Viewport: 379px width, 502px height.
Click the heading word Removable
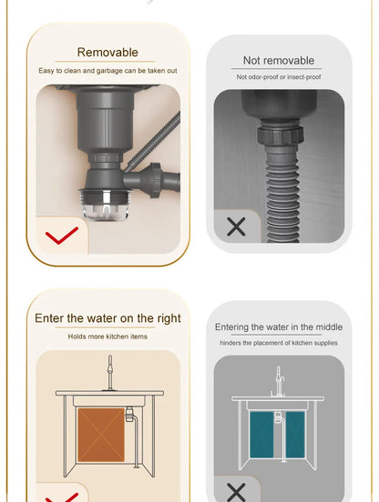(108, 52)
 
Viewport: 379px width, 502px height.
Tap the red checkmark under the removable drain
(62, 236)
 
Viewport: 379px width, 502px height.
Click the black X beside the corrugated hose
(236, 226)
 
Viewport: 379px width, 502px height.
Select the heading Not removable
(279, 60)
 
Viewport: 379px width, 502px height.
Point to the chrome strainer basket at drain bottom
(105, 205)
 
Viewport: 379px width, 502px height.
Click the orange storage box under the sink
(101, 435)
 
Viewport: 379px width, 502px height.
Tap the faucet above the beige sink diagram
(110, 373)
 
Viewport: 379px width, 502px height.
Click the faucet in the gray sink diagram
(278, 382)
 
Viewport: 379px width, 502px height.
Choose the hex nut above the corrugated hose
(280, 136)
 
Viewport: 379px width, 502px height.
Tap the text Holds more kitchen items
(108, 336)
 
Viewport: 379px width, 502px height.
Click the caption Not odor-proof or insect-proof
(279, 76)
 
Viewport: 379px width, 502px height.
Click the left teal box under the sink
(261, 435)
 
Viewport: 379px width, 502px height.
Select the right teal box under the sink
(295, 435)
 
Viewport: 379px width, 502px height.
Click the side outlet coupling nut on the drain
(154, 180)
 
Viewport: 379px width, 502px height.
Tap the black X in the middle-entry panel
(236, 492)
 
